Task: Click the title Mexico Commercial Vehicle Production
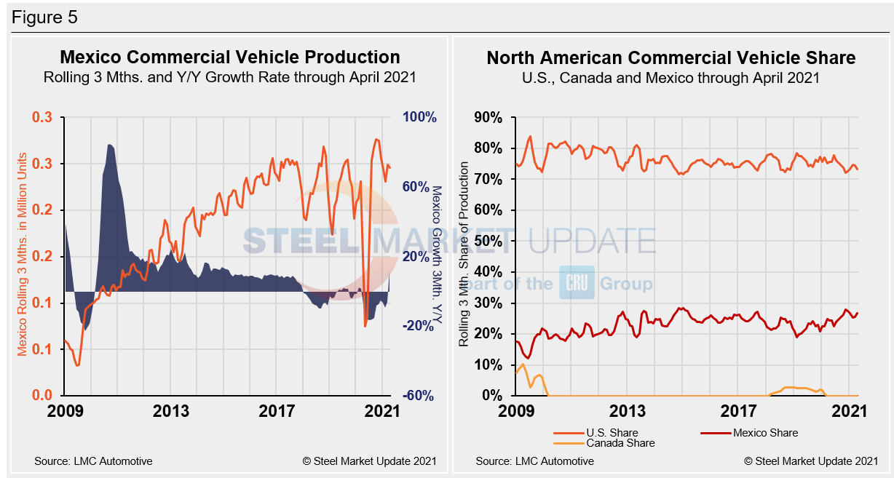tap(229, 57)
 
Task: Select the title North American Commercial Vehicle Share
tap(670, 57)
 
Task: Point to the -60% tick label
tap(418, 396)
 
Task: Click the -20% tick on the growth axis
tap(418, 326)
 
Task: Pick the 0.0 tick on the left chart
tap(41, 396)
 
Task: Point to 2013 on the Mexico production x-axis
tap(170, 412)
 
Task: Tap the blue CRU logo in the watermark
tap(577, 282)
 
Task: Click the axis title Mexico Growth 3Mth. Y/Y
tap(437, 254)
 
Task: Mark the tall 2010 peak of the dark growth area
tap(110, 146)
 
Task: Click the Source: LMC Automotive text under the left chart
tap(93, 461)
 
